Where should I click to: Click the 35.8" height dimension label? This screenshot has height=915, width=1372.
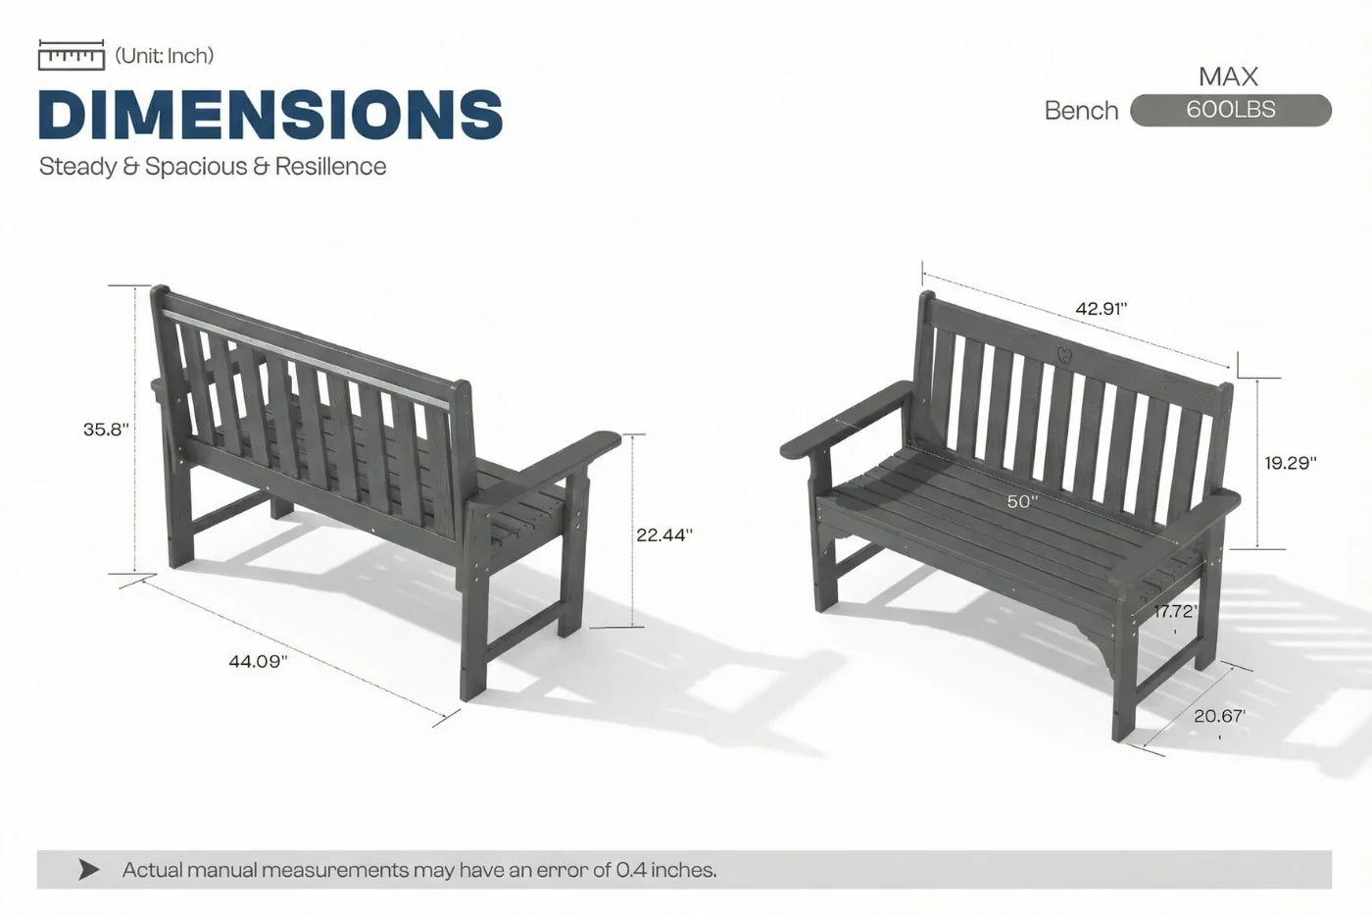click(x=107, y=429)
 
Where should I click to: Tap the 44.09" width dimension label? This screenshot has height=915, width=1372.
click(x=258, y=661)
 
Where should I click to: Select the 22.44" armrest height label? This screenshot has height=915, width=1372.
click(x=664, y=535)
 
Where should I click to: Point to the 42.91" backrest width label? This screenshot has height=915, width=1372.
click(x=1102, y=308)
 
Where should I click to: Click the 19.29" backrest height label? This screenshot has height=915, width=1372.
click(x=1291, y=463)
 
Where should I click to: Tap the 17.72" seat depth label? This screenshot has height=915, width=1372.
click(x=1175, y=611)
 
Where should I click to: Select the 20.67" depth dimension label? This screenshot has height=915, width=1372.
click(x=1219, y=716)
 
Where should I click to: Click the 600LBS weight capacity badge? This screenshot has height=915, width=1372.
click(x=1231, y=110)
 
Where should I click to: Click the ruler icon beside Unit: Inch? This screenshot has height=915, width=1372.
click(x=72, y=55)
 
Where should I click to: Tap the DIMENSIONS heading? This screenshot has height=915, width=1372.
click(x=270, y=114)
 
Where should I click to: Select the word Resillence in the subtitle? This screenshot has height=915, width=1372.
click(x=331, y=166)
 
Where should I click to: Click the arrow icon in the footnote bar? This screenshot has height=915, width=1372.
click(x=89, y=870)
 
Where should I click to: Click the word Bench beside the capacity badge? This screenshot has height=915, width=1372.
click(x=1082, y=111)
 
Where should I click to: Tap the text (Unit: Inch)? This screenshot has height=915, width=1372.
click(x=165, y=56)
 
